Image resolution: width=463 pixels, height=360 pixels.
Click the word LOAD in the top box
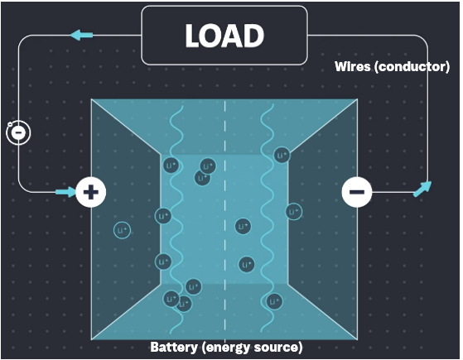coord(224,36)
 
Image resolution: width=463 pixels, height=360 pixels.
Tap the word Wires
coord(353,66)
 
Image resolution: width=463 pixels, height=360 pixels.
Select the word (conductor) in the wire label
coord(412,67)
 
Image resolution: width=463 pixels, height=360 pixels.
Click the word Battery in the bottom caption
coord(174,347)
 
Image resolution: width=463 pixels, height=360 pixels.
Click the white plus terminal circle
coord(90,192)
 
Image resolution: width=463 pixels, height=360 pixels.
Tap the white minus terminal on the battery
coord(357,192)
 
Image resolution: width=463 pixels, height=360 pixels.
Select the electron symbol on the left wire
coord(18,132)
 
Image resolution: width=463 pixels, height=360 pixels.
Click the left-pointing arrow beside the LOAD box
coord(82,35)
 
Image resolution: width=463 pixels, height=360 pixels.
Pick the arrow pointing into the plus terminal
coord(66,192)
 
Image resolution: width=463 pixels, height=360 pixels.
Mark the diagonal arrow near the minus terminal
coord(422,189)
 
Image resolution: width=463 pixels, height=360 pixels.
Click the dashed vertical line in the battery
coord(225,221)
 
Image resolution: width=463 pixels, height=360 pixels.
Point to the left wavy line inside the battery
coord(176,220)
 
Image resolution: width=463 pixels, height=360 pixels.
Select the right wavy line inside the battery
coord(268,220)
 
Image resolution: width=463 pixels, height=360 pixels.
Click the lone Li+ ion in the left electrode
coord(122,230)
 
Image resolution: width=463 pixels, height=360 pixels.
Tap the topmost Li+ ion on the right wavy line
coord(282,155)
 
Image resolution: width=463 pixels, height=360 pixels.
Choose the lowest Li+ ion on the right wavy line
coord(274,301)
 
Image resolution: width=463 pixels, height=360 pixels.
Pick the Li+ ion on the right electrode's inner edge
coord(294,212)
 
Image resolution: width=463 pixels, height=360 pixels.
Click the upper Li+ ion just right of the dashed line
coord(243,226)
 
